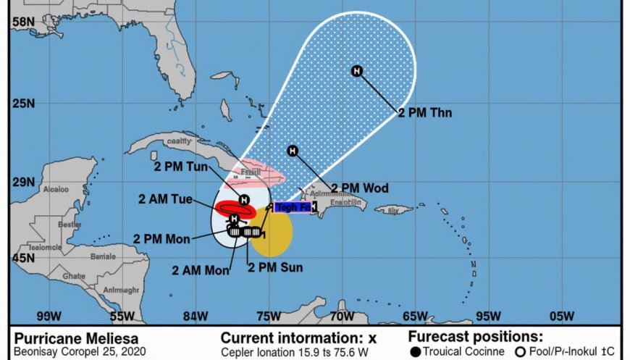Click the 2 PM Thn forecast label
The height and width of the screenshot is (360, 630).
[425, 112]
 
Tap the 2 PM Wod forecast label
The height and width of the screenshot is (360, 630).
[360, 188]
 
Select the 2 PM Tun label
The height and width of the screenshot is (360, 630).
[181, 167]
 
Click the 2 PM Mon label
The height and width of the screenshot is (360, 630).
[161, 238]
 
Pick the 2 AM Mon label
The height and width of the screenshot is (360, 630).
[200, 270]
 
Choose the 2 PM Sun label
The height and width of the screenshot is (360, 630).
[275, 267]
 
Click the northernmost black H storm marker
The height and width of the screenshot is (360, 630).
[356, 70]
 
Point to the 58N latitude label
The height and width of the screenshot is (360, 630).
[24, 22]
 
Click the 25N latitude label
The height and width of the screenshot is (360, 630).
[24, 103]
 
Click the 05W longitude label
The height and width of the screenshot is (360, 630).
[562, 316]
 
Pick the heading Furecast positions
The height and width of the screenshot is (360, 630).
[475, 336]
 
